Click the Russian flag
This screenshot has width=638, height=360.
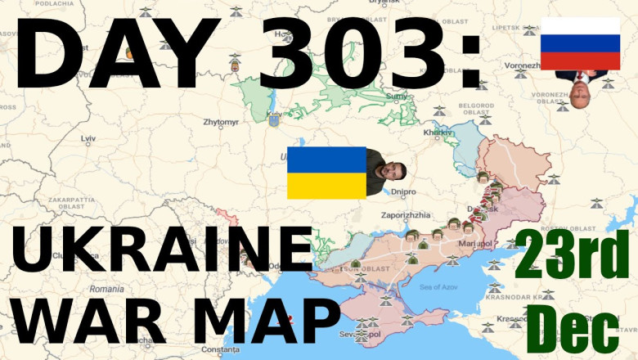pyautogui.click(x=580, y=43)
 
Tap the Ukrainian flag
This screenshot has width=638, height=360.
pyautogui.click(x=326, y=173)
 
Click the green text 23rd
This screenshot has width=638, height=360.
pyautogui.click(x=573, y=254)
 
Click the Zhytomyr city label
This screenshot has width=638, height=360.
pyautogui.click(x=221, y=123)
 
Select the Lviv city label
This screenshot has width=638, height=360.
pyautogui.click(x=88, y=140)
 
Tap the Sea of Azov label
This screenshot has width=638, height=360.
pyautogui.click(x=435, y=286)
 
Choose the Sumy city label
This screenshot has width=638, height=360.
pyautogui.click(x=396, y=96)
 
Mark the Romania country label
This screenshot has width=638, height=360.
pyautogui.click(x=107, y=289)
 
